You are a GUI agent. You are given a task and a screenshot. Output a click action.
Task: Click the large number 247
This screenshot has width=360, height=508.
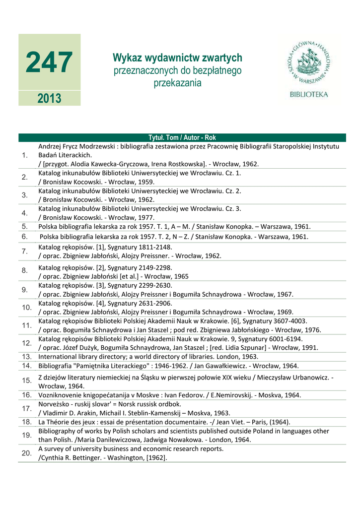point(49,63)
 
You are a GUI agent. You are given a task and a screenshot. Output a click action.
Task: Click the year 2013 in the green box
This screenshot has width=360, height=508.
point(49,98)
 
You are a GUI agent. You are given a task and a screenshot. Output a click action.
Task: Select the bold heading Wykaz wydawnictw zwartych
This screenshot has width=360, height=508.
point(178,58)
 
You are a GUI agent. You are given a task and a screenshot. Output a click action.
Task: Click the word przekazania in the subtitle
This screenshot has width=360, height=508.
point(178,83)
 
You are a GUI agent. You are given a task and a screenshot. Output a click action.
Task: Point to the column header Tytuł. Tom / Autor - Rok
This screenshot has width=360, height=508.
point(182,137)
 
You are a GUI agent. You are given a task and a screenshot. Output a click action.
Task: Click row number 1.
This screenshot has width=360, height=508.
point(25,155)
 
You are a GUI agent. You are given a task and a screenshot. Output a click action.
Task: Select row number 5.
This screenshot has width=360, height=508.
point(25,227)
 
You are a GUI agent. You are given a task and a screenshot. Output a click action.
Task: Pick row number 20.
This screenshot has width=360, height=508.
point(26,453)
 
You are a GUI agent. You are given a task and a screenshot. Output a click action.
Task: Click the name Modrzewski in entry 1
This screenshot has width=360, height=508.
point(98,146)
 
